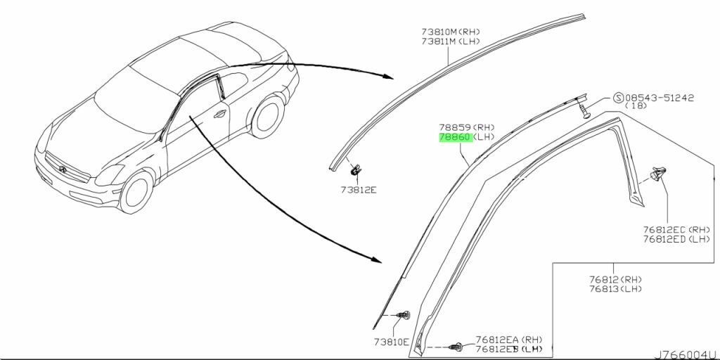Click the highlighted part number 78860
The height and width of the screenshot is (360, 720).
455,137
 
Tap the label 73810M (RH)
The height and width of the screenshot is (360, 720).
451,32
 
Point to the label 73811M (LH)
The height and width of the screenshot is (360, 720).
451,41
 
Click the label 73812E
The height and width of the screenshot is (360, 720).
358,189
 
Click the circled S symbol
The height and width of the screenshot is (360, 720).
619,98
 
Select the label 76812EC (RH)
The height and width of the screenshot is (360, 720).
676,229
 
